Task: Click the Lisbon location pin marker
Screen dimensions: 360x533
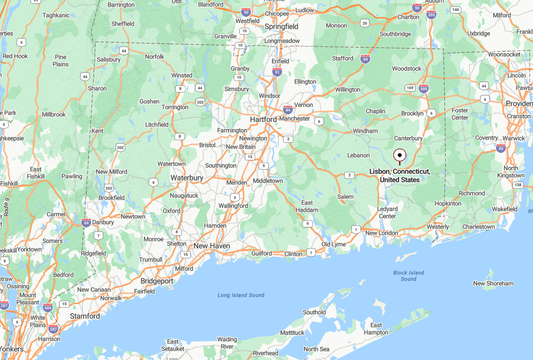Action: click(400, 156)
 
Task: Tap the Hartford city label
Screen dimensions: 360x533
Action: click(263, 119)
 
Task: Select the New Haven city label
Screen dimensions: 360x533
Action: click(212, 246)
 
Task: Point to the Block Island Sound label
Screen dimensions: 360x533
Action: click(408, 276)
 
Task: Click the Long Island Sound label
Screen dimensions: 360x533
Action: click(241, 295)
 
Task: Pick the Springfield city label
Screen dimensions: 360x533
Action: click(281, 27)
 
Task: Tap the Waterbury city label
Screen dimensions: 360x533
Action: click(187, 178)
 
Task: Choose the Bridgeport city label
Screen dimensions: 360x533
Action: click(157, 281)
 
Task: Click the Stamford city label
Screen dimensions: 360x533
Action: click(85, 316)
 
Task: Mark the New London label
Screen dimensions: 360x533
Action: click(382, 233)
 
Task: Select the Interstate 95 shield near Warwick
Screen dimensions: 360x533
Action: click(501, 148)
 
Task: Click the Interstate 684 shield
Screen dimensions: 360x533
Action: click(48, 307)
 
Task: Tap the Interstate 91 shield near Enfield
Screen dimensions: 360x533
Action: click(277, 72)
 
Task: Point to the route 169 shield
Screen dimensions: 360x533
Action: click(409, 87)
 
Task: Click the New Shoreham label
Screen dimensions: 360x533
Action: click(493, 283)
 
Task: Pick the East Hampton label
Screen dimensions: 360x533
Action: click(376, 329)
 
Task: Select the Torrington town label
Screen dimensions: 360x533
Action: click(175, 107)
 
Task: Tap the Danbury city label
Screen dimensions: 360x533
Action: click(103, 222)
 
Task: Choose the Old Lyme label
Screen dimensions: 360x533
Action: click(333, 244)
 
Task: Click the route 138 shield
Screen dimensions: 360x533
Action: click(518, 185)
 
